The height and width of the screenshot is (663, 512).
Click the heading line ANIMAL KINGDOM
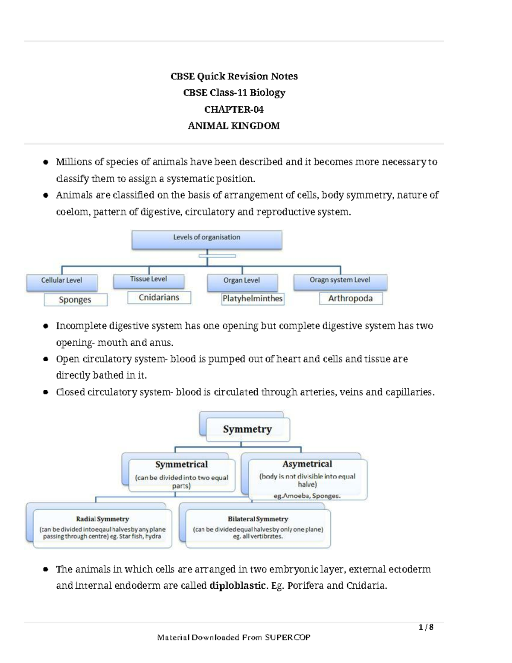pyautogui.click(x=234, y=126)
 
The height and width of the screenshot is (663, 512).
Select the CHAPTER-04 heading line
pyautogui.click(x=234, y=110)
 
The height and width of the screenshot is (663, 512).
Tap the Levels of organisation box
pyautogui.click(x=207, y=239)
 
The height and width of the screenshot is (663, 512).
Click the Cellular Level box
pyautogui.click(x=62, y=281)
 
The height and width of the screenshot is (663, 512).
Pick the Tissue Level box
pyautogui.click(x=148, y=280)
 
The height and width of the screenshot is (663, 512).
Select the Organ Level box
pyautogui.click(x=242, y=281)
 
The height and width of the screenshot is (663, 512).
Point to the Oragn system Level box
pyautogui.click(x=340, y=281)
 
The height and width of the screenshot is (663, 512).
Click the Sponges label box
pyautogui.click(x=75, y=300)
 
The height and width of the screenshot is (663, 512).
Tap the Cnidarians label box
pyautogui.click(x=159, y=298)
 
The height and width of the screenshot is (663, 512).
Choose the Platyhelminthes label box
pyautogui.click(x=252, y=299)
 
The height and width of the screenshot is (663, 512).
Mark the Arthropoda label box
pyautogui.click(x=350, y=298)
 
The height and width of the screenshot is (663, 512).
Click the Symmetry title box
pyautogui.click(x=247, y=429)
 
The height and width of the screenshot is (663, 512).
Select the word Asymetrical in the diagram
pyautogui.click(x=307, y=464)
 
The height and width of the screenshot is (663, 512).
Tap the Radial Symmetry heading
pyautogui.click(x=102, y=519)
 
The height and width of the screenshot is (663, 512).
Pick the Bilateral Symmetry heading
pyautogui.click(x=258, y=519)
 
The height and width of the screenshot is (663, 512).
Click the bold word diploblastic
pyautogui.click(x=238, y=586)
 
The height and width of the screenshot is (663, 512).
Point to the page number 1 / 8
pyautogui.click(x=426, y=627)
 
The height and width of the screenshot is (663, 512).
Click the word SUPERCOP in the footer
pyautogui.click(x=288, y=637)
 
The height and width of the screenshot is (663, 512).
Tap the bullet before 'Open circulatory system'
pyautogui.click(x=46, y=359)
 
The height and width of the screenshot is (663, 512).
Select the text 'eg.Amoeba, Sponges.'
pyautogui.click(x=307, y=496)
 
